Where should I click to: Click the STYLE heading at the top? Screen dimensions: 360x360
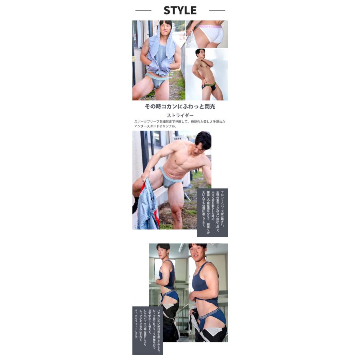[x=180, y=10]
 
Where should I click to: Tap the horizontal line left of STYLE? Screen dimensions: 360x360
[x=143, y=10]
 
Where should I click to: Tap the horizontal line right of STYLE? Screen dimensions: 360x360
[x=217, y=10]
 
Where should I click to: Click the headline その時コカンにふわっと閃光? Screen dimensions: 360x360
[x=180, y=107]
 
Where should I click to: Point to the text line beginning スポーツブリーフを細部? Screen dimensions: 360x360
[x=180, y=122]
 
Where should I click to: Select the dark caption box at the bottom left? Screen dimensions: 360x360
[x=148, y=330]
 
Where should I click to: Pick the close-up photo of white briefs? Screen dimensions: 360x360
[x=207, y=34]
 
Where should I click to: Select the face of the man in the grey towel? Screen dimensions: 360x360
[x=165, y=29]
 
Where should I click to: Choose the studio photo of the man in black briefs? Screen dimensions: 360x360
[x=207, y=74]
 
